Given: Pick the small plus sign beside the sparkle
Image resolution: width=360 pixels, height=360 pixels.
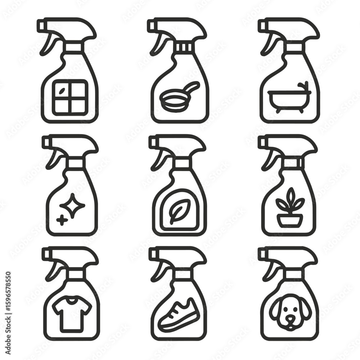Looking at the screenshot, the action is [62, 220].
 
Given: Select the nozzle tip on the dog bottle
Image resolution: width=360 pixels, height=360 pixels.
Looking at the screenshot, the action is [261, 254].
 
